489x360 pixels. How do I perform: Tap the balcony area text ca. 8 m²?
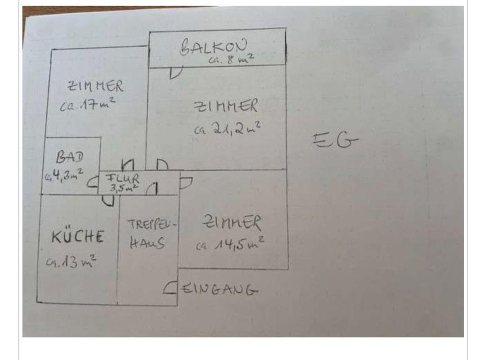[x=231, y=60]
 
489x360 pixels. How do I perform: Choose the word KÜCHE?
[x=78, y=237]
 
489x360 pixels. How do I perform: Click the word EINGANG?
[x=220, y=290]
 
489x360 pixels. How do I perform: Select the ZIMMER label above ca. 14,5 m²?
[x=232, y=223]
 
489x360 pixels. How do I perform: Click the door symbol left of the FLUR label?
[x=93, y=182]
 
